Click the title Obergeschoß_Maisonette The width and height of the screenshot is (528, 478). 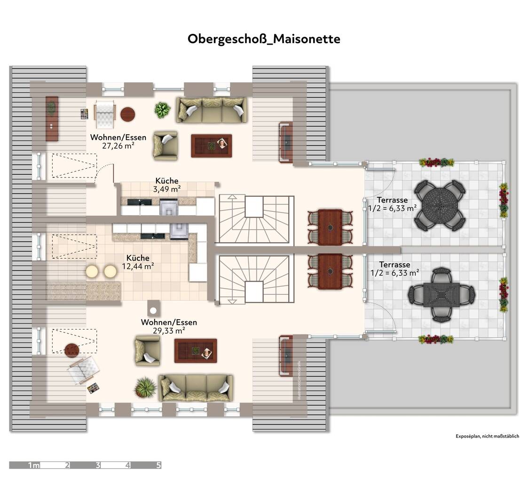264,39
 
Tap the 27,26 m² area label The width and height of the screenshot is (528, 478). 118,146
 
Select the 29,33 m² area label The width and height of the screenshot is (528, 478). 169,331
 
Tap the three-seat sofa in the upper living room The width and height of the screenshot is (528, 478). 212,110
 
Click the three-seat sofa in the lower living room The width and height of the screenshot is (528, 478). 196,387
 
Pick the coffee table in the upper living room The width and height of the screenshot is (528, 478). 212,145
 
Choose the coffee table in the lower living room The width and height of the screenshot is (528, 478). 196,351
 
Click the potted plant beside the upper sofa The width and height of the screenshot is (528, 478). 163,110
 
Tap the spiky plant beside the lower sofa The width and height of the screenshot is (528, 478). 145,387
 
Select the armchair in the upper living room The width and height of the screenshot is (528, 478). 165,145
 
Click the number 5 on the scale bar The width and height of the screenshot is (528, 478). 158,465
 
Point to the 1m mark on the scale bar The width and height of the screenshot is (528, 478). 34,465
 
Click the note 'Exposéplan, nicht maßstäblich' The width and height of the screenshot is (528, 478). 487,436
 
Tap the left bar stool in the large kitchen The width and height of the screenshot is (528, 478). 92,271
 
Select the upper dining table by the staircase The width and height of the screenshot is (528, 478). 330,227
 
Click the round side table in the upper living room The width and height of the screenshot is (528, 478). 128,114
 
